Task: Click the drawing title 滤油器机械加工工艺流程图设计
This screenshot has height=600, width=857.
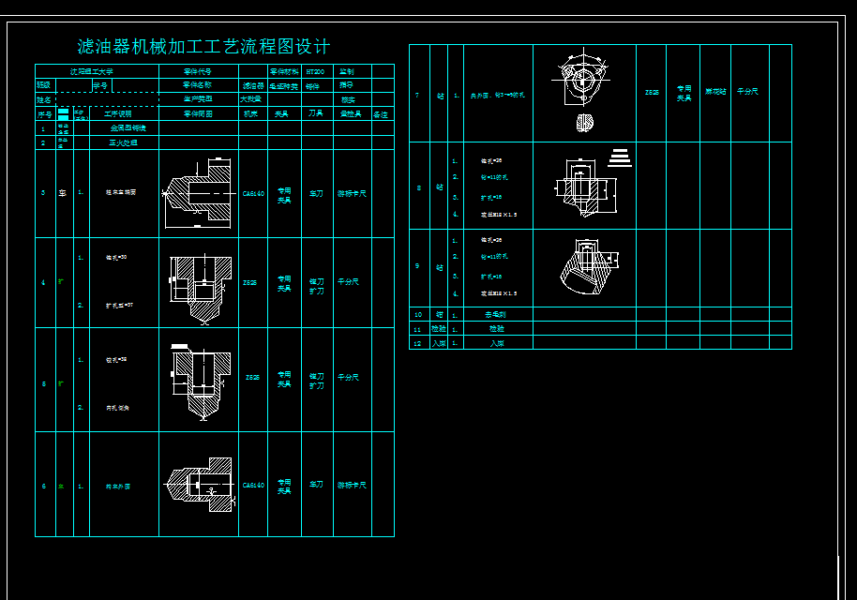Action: pos(203,47)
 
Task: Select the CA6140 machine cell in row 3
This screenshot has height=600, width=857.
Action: pos(253,194)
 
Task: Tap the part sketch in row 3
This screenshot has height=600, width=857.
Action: pos(198,193)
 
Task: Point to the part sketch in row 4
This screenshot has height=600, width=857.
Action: pos(199,281)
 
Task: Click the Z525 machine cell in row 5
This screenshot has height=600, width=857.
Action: pos(252,378)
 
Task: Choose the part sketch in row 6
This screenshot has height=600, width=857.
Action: pos(198,486)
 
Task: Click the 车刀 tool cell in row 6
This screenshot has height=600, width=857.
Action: pos(316,485)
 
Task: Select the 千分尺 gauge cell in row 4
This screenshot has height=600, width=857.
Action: pos(349,281)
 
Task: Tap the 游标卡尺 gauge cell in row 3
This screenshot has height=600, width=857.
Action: pos(352,194)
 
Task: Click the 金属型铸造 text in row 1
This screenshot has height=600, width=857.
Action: pos(128,127)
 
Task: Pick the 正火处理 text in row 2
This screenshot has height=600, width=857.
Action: pos(124,142)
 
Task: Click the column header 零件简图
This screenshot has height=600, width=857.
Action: pos(198,114)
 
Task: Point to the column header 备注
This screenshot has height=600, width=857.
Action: pos(381,114)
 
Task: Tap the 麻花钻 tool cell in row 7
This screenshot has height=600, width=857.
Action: pos(715,92)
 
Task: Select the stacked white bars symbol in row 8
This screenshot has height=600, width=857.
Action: pos(620,157)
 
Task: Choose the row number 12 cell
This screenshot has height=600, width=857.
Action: pos(418,343)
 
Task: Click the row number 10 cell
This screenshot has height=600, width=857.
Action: pos(418,314)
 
